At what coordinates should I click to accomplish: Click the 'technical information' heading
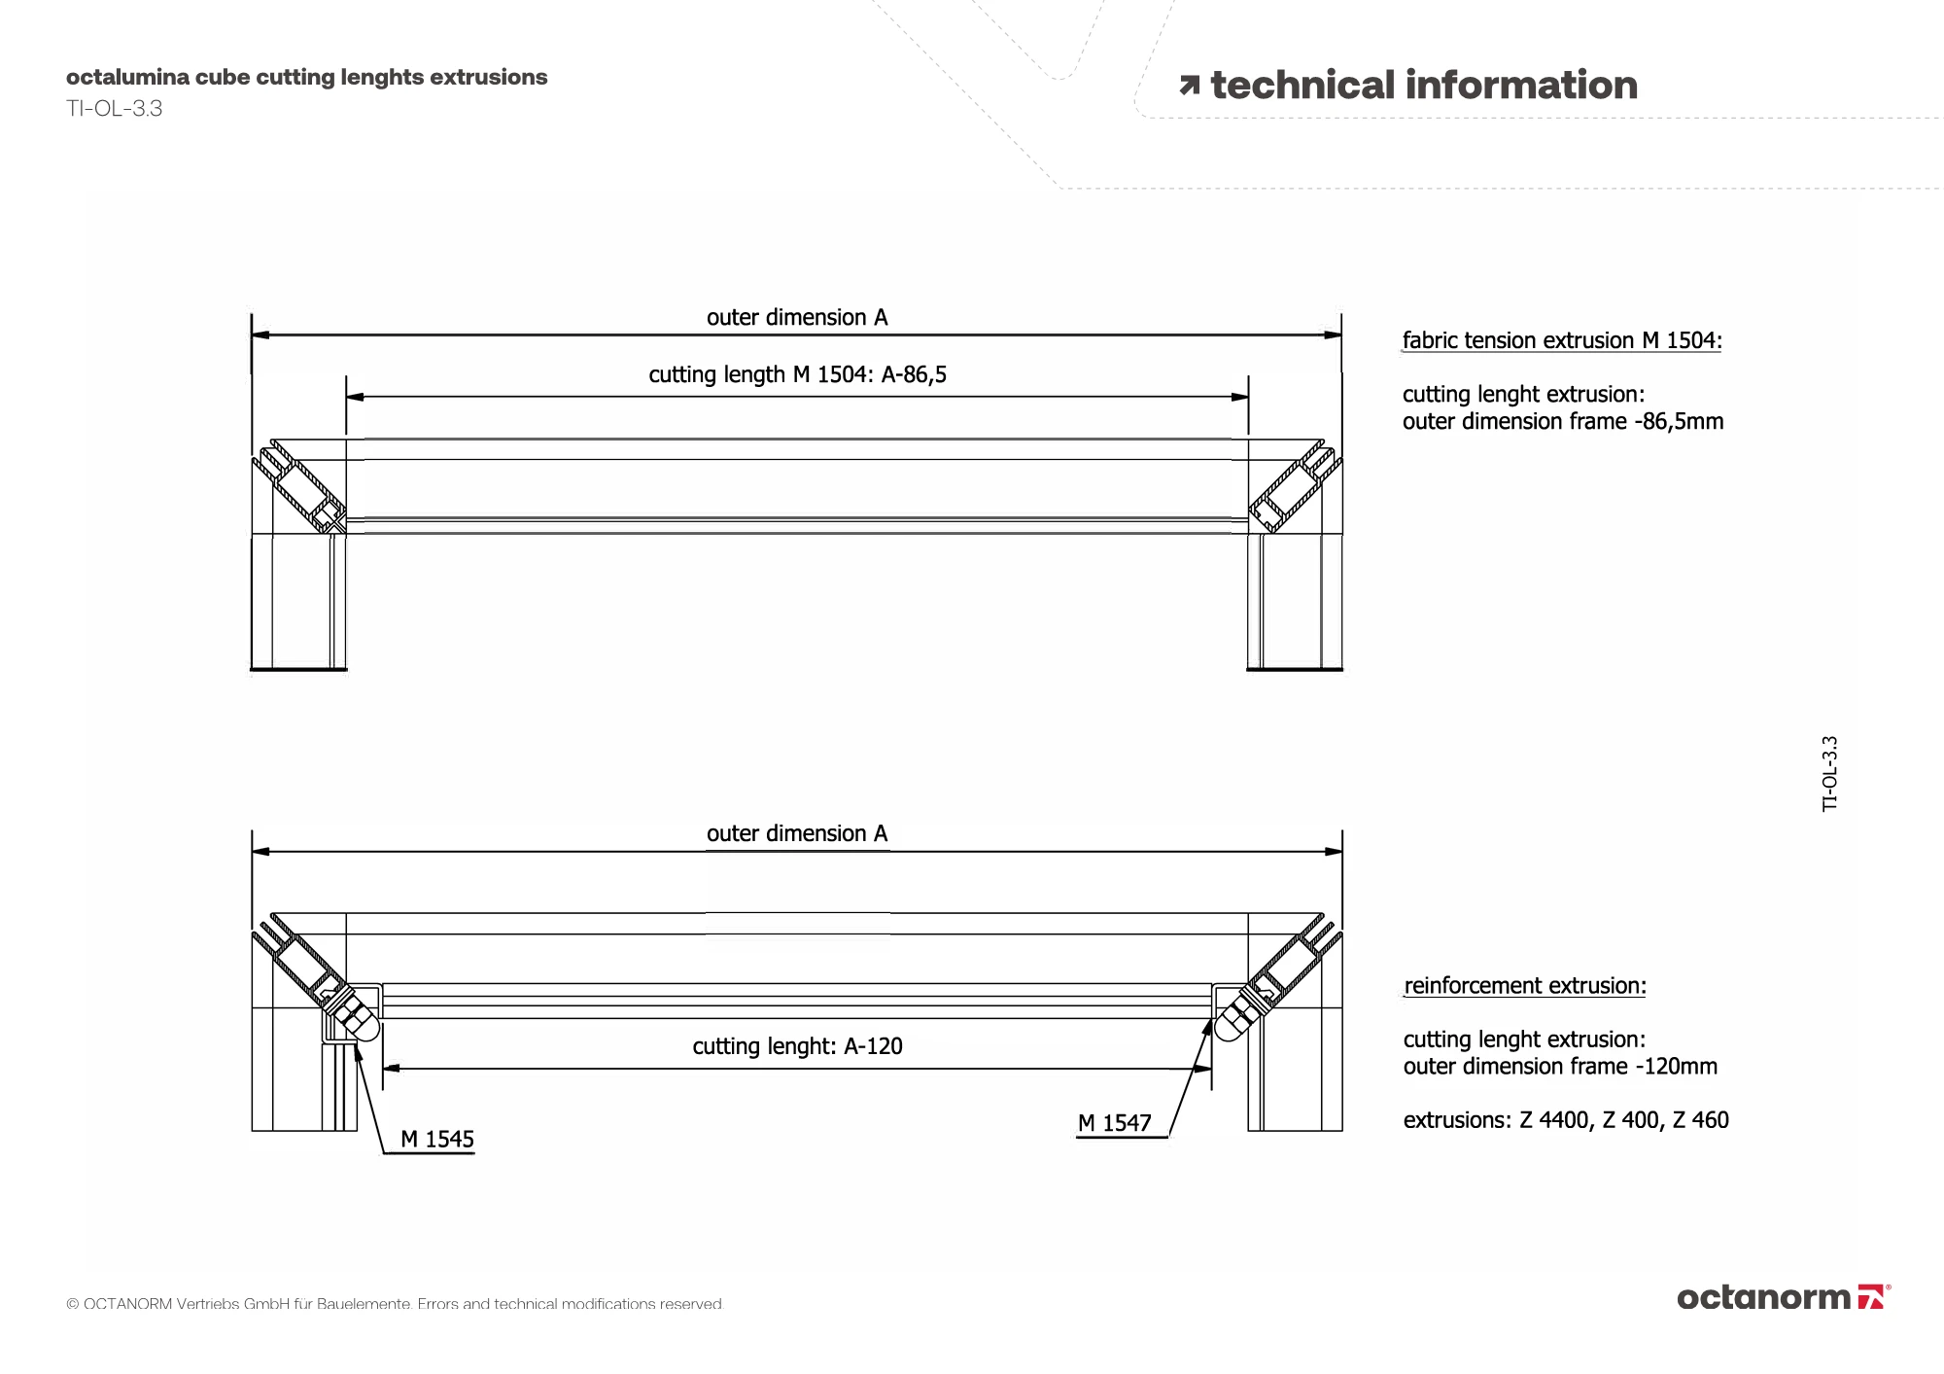coord(1423,86)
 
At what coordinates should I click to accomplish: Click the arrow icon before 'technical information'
coord(1189,87)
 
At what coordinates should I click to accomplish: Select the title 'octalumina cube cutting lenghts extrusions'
coord(306,78)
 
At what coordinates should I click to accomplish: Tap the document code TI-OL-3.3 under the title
coord(114,109)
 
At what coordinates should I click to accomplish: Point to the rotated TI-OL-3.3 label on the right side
coord(1829,774)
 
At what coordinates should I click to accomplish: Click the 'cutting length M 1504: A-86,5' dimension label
coord(797,375)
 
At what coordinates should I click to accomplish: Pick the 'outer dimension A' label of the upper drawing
coord(797,318)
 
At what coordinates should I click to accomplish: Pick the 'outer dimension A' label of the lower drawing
coord(797,834)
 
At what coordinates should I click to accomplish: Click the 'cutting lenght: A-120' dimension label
coord(797,1046)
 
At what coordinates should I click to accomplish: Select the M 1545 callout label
coord(437,1140)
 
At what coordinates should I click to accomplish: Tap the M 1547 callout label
coord(1114,1124)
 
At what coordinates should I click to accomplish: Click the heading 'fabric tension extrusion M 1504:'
coord(1561,341)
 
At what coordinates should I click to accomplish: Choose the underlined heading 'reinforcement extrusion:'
coord(1525,986)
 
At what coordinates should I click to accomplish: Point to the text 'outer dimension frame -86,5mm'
coord(1562,422)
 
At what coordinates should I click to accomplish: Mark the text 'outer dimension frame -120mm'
coord(1560,1067)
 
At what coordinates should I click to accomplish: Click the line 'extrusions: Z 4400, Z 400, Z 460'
coord(1566,1120)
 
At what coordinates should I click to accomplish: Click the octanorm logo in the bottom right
coord(1783,1297)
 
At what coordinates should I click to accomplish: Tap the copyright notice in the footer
coord(395,1304)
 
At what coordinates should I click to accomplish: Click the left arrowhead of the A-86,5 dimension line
coord(355,397)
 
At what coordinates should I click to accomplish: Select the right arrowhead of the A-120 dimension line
coord(1202,1070)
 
